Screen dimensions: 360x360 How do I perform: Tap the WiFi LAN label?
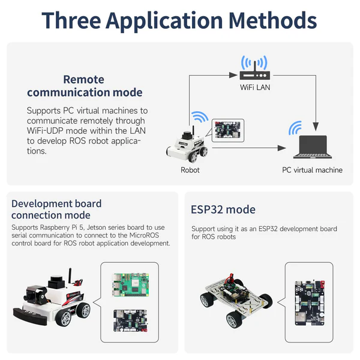256,88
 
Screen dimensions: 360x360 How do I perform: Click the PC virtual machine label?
312,170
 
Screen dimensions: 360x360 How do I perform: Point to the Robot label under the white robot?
190,170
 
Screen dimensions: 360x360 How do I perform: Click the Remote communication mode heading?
84,86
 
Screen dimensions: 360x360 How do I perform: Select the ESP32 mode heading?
223,209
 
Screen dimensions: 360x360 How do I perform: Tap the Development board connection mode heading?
56,209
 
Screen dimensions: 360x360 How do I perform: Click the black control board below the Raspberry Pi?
131,319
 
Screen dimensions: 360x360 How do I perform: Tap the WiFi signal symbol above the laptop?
295,128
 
